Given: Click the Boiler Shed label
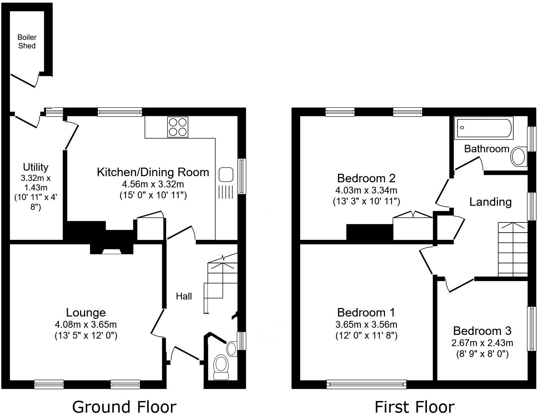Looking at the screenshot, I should point(27,42).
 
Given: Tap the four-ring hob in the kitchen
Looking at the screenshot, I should point(178,127).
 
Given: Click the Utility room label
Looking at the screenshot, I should point(35,167).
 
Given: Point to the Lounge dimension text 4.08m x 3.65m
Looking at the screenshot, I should point(86,324).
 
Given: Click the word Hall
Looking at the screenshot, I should point(184,296).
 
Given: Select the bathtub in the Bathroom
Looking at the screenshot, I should point(483,128).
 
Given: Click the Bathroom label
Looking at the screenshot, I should point(486,149).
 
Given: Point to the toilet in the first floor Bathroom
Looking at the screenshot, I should point(519,156).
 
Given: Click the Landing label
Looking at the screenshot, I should point(490,202).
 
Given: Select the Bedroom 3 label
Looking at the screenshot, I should point(482,330).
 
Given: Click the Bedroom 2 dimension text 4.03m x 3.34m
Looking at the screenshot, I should point(366,190).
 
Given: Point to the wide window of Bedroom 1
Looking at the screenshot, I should point(366,384).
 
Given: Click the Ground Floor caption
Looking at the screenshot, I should point(124,407).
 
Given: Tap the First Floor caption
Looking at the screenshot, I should point(414,407).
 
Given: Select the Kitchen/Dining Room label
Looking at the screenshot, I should point(153,172).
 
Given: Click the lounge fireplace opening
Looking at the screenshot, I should point(111,252).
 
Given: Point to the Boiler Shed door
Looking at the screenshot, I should point(24,80).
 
